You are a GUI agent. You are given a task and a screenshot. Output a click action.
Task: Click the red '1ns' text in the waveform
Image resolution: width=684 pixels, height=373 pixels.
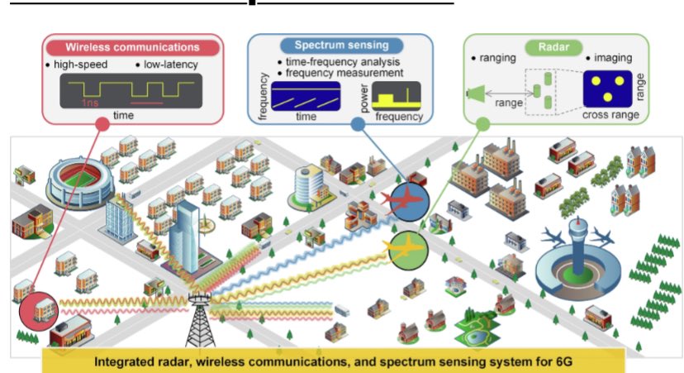click(92, 104)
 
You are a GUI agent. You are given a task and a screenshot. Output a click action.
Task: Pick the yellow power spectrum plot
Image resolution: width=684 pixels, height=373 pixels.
click(395, 100)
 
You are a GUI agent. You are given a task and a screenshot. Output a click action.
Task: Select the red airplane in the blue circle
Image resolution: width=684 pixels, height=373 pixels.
click(405, 203)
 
